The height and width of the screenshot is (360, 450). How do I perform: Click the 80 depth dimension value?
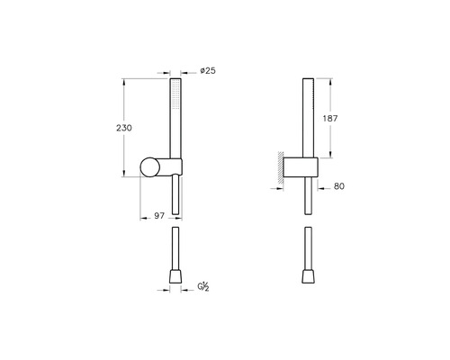[339, 188]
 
